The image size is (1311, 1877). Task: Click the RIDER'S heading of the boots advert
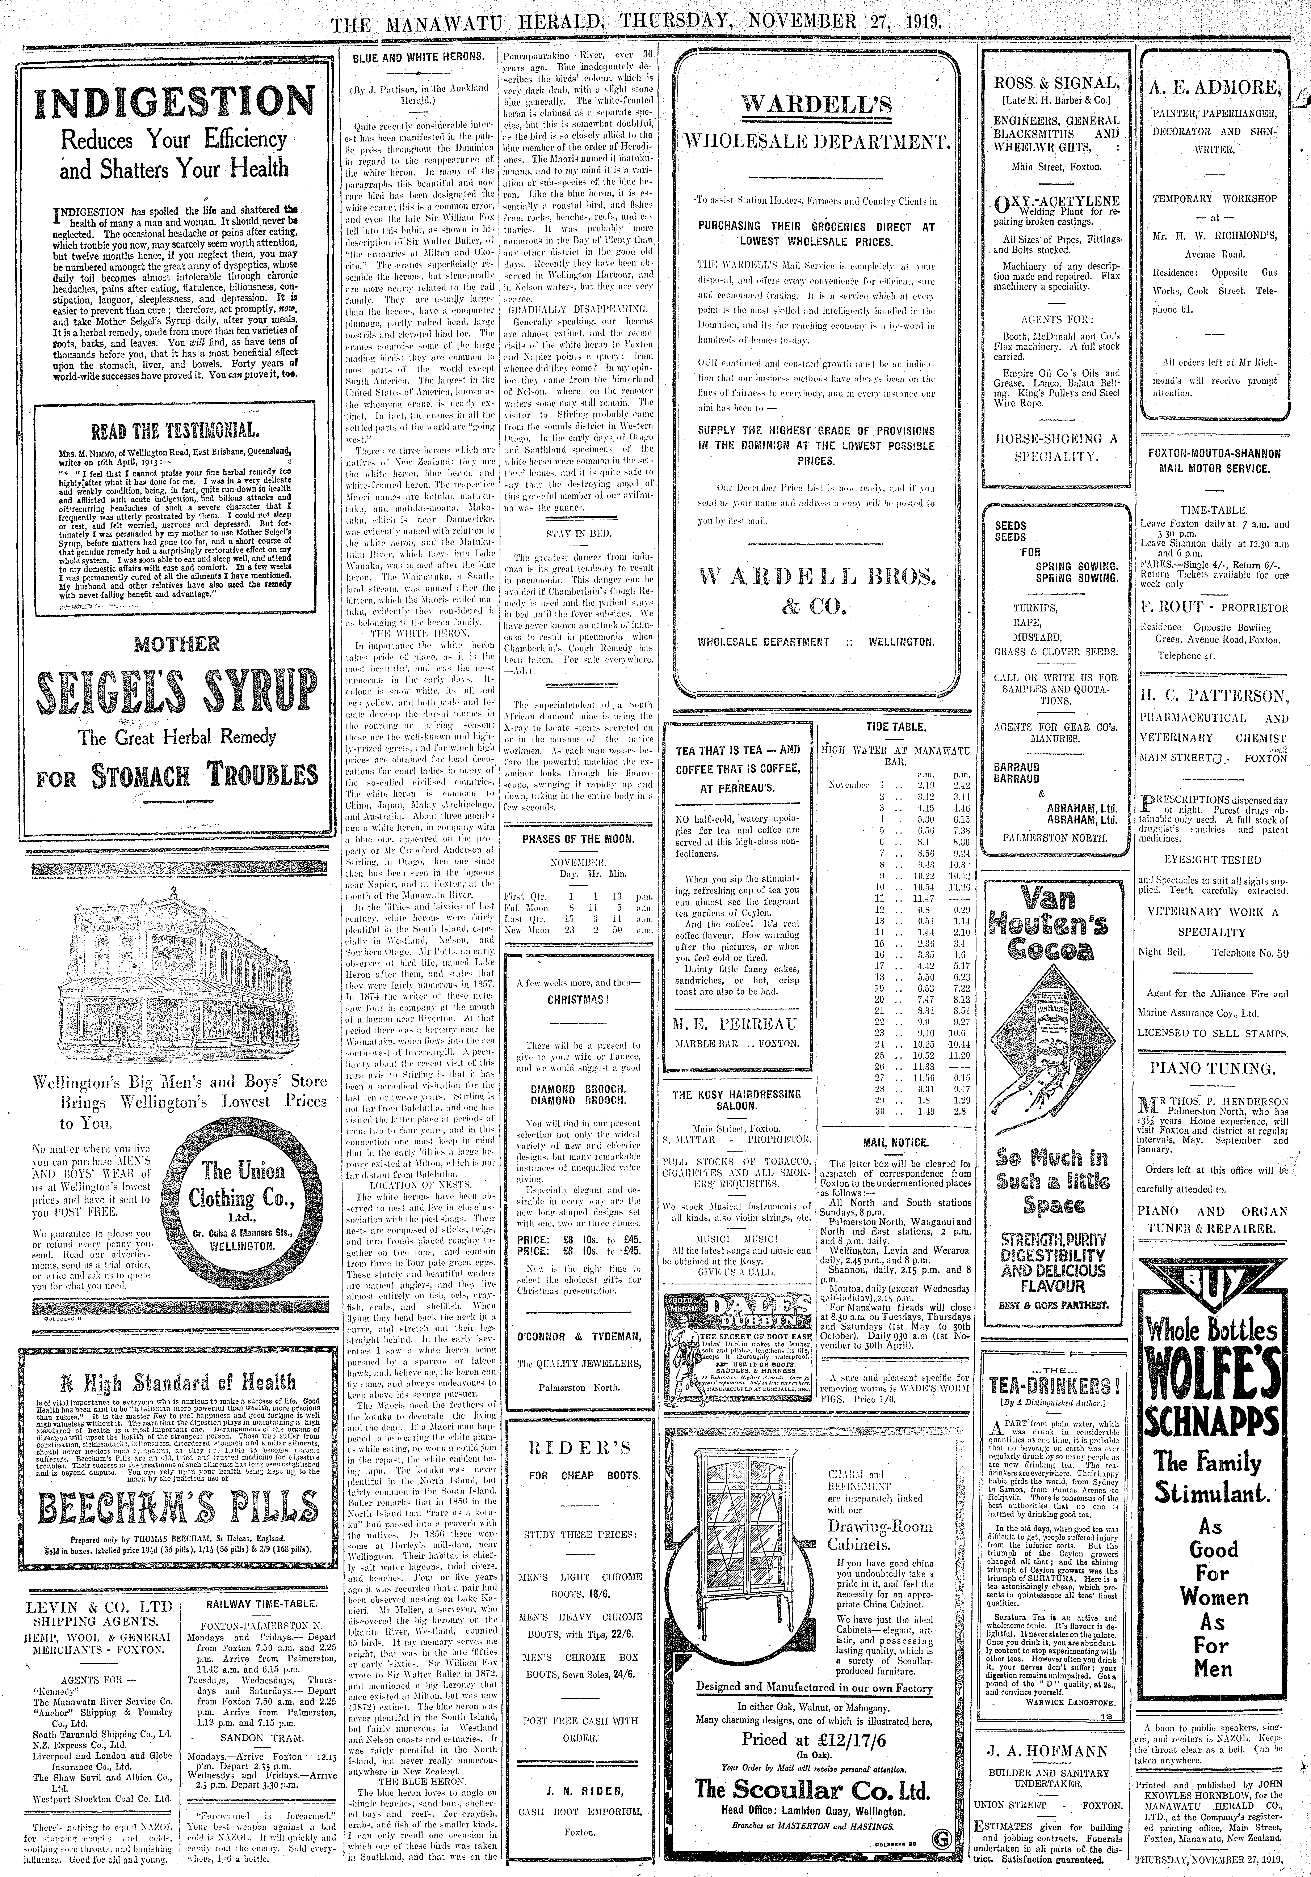[580, 1449]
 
